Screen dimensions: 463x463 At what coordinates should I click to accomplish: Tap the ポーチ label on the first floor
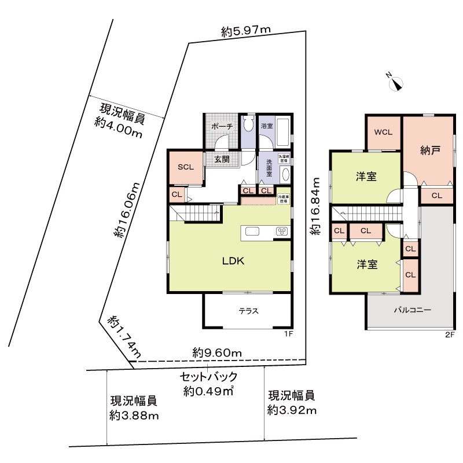click(222, 126)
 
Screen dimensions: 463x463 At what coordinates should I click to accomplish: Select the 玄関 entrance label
click(222, 159)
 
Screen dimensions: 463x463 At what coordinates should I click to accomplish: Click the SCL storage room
click(185, 167)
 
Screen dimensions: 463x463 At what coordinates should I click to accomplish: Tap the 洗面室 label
click(270, 166)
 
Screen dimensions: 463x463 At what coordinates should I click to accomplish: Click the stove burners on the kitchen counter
click(282, 231)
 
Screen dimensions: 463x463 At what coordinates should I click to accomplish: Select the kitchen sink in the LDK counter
click(253, 231)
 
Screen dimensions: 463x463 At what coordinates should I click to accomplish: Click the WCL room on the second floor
click(383, 132)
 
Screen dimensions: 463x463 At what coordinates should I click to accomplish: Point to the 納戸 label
click(429, 150)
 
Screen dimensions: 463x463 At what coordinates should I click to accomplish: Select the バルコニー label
click(412, 310)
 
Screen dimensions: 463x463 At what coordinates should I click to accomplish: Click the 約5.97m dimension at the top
click(246, 32)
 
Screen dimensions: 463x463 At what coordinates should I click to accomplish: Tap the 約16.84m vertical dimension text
click(315, 214)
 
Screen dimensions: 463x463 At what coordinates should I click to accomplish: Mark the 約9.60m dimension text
click(217, 352)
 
